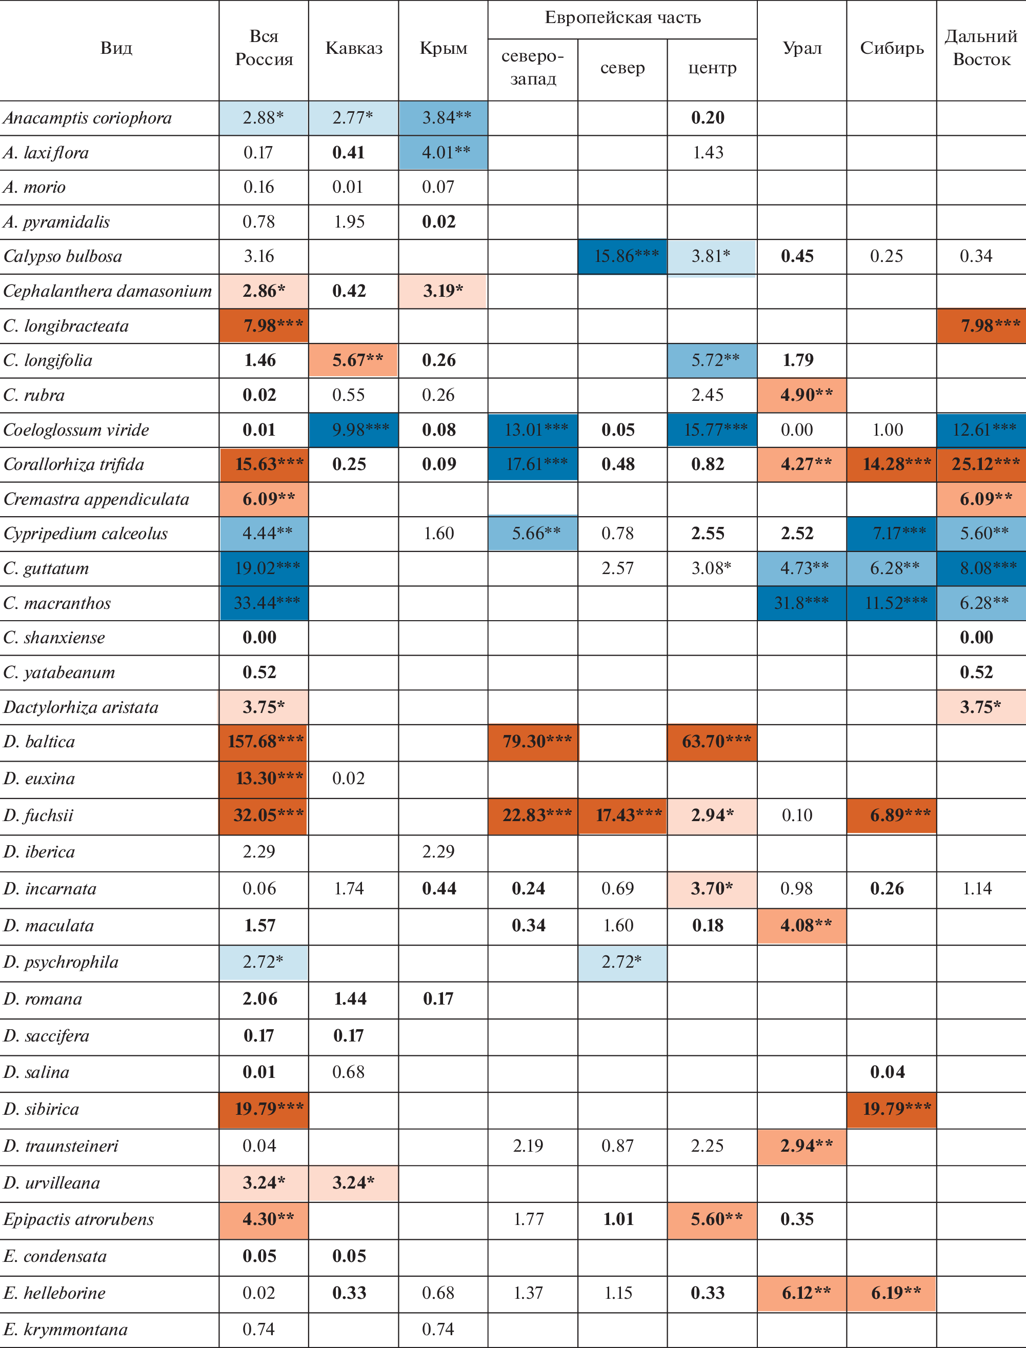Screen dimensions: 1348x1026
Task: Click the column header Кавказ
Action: (x=354, y=48)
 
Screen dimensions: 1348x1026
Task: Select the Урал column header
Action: (x=802, y=48)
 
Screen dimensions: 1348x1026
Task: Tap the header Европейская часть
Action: (x=622, y=18)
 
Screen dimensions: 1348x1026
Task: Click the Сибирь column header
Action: (x=892, y=48)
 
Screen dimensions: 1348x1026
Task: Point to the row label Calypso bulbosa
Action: (x=63, y=256)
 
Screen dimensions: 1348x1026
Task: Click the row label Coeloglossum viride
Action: (x=76, y=430)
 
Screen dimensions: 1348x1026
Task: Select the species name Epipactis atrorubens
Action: (x=79, y=1219)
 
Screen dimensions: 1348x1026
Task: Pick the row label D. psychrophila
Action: (x=61, y=962)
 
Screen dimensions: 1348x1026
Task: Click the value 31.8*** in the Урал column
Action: (x=801, y=603)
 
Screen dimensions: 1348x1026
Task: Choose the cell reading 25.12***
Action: (x=981, y=464)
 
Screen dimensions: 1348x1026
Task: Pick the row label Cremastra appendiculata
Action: (x=96, y=499)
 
